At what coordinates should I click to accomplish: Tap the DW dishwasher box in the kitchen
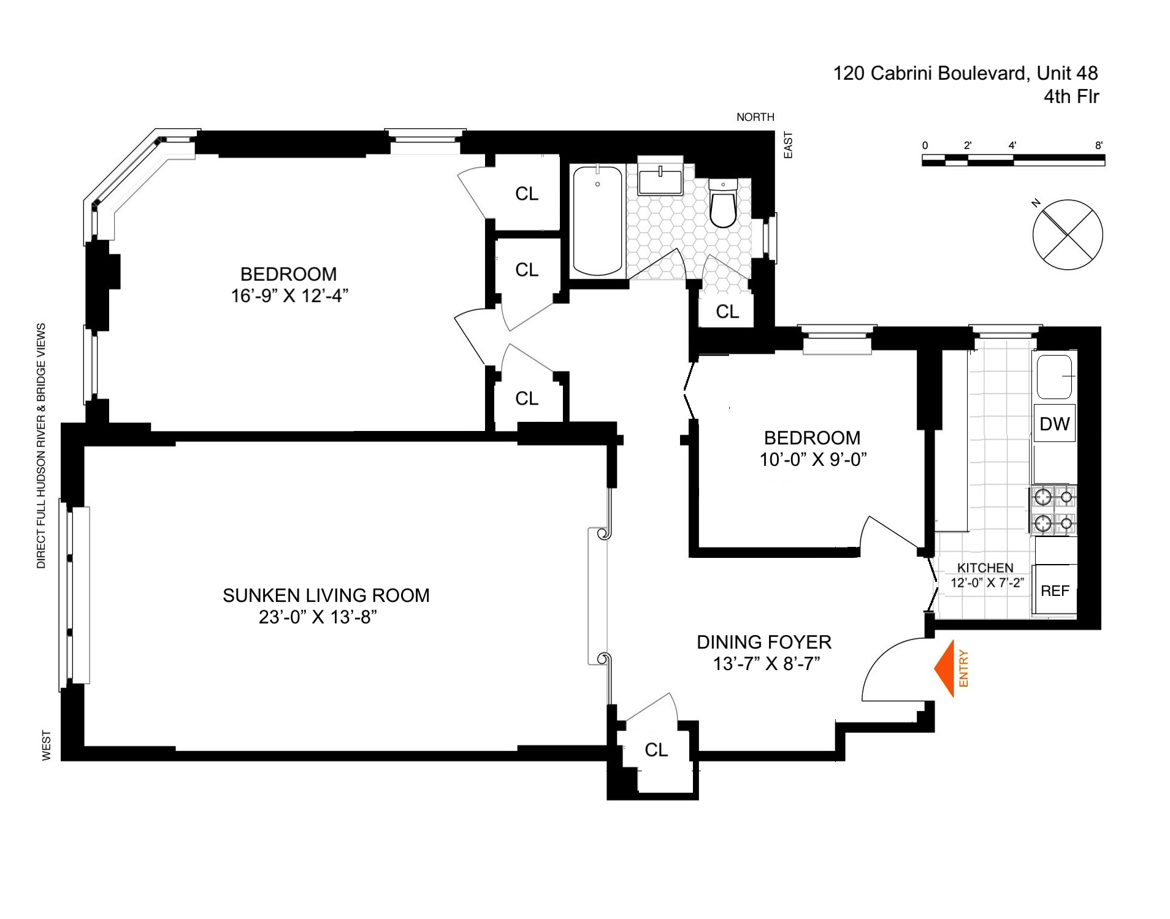click(x=1054, y=424)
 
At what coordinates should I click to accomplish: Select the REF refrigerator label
click(x=1055, y=591)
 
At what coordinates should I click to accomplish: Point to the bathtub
click(x=597, y=221)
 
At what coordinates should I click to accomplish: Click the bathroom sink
click(x=660, y=181)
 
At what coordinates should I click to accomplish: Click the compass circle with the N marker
click(x=1068, y=235)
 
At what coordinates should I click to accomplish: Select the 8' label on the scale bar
click(x=1099, y=145)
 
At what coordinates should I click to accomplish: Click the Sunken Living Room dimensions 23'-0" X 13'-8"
click(x=317, y=617)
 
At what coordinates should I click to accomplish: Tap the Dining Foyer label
click(x=764, y=642)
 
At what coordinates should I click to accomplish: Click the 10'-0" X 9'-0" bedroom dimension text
click(x=812, y=459)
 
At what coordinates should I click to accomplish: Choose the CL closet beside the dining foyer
click(x=656, y=750)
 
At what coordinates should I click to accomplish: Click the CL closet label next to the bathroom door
click(x=727, y=312)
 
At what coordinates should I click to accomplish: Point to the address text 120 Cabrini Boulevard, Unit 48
click(x=965, y=74)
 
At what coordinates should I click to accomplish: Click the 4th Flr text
click(x=1071, y=97)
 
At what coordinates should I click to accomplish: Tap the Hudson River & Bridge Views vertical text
click(x=42, y=446)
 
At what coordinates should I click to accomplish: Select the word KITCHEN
click(x=985, y=568)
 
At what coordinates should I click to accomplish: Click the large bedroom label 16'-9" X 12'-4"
click(x=289, y=296)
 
